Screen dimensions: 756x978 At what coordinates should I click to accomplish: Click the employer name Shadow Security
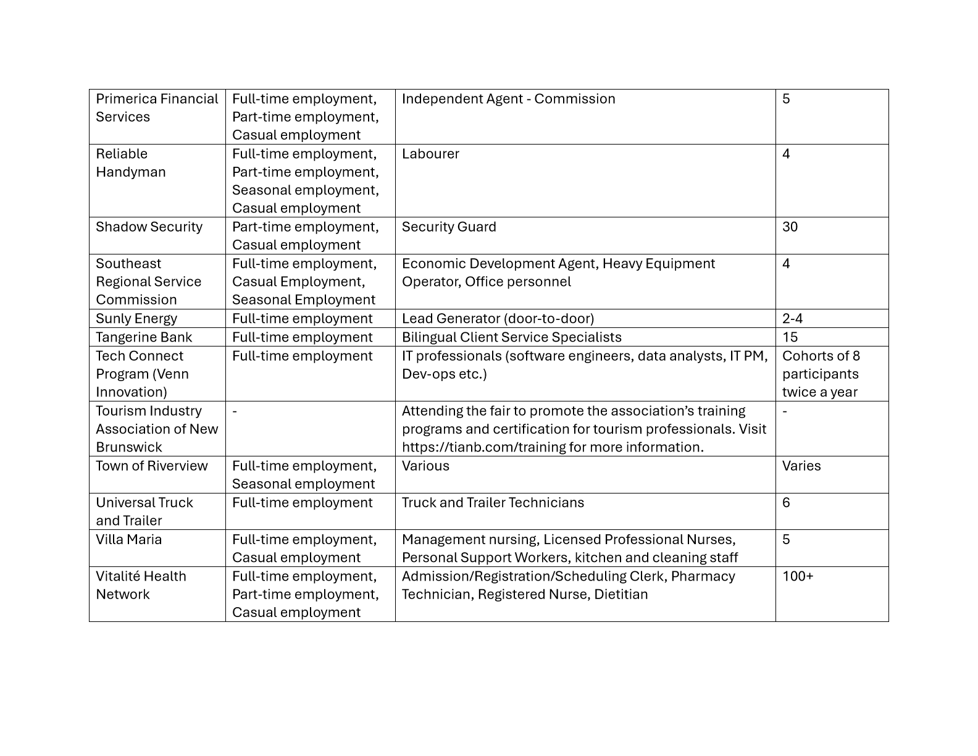point(149,227)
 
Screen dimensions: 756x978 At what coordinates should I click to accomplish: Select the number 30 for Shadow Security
point(790,227)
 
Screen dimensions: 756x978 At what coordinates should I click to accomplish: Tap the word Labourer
point(430,154)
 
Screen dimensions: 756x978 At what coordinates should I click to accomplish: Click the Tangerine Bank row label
point(144,337)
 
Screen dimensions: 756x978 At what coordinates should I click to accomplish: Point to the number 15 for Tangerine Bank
point(790,337)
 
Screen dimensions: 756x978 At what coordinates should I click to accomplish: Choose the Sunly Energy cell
point(136,319)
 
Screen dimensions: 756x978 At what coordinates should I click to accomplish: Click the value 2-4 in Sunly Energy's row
point(792,319)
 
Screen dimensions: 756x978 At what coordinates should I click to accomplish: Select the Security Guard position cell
point(449,227)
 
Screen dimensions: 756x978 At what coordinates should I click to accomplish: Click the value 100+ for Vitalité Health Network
point(798,576)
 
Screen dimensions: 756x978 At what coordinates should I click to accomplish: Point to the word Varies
point(801,466)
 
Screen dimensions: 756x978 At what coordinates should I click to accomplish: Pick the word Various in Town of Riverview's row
point(425,466)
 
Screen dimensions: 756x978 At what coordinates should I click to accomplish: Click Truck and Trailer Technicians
point(493,503)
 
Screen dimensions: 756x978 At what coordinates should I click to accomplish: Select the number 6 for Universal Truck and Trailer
point(786,503)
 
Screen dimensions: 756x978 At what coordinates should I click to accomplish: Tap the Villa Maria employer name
point(128,540)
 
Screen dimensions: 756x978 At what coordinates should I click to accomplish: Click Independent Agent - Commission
point(508,99)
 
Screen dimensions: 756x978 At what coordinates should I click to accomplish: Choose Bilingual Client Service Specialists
point(511,337)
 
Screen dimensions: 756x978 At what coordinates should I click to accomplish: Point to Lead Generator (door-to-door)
point(498,319)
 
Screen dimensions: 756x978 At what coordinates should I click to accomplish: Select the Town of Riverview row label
point(152,466)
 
